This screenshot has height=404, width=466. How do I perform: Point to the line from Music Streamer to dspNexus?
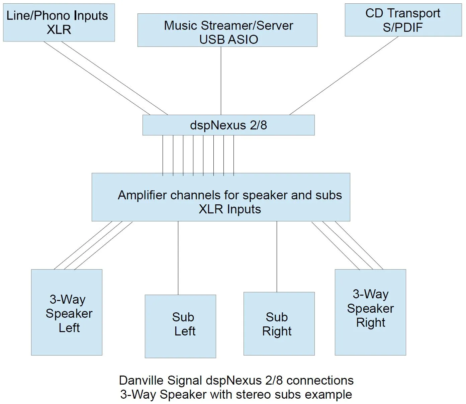coord(221,80)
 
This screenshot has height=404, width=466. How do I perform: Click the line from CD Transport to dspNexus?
coord(344,75)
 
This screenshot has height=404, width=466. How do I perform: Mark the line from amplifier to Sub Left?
coord(178,258)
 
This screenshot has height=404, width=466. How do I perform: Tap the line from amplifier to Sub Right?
coord(277,257)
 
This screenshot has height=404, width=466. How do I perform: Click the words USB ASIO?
coord(228,39)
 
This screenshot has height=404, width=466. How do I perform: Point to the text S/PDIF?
coord(403,27)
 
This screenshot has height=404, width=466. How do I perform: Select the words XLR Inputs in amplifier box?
coord(230,209)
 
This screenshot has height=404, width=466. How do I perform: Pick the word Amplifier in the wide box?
coord(142,195)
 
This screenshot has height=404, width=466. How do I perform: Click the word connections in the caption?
coord(320,381)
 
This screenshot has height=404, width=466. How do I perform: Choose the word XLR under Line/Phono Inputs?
coord(59,30)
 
